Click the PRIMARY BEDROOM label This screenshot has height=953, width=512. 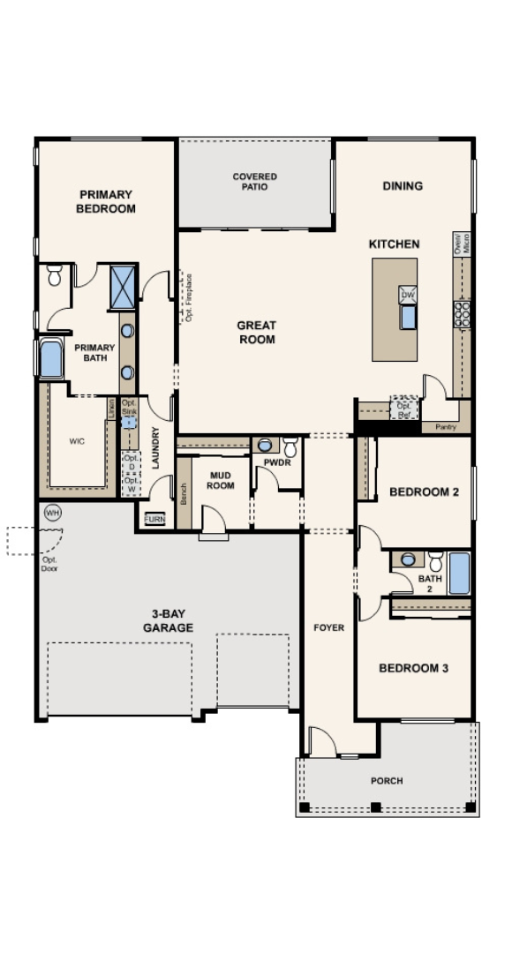[105, 201]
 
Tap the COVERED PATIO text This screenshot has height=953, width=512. [254, 182]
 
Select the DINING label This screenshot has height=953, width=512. [403, 186]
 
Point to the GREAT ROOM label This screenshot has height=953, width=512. [256, 333]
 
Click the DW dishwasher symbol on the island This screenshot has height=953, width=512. [407, 295]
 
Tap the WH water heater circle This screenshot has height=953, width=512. [51, 513]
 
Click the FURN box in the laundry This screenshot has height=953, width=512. [154, 520]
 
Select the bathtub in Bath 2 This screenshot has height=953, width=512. [458, 574]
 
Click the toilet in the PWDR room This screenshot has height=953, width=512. [290, 447]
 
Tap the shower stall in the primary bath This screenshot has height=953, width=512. [122, 287]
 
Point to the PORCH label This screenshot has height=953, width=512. [387, 781]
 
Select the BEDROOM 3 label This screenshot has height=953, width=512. [413, 668]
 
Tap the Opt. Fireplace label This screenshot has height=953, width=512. [189, 297]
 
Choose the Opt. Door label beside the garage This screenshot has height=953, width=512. [49, 563]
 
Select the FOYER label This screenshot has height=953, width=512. [328, 628]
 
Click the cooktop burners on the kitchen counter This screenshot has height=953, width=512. [462, 313]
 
